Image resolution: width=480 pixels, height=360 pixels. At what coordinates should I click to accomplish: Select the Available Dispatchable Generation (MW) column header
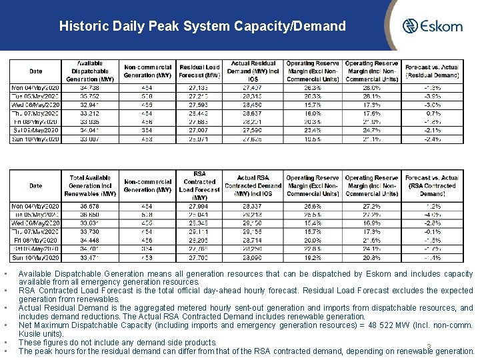[90, 71]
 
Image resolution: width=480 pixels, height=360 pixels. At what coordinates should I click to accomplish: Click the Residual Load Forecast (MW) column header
[199, 71]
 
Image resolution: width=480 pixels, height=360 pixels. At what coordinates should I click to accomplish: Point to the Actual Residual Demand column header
[253, 71]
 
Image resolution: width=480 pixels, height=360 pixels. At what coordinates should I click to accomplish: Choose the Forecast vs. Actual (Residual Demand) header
[431, 71]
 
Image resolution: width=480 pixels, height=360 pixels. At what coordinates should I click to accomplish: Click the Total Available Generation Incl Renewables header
[90, 185]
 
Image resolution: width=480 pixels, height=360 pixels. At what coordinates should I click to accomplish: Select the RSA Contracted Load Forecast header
[199, 185]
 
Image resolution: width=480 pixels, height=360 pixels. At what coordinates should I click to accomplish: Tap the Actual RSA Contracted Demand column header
[253, 185]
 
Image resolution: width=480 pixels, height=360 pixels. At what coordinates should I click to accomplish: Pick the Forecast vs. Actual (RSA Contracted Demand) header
[431, 185]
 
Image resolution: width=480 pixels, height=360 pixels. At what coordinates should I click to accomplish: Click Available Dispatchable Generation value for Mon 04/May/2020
[90, 87]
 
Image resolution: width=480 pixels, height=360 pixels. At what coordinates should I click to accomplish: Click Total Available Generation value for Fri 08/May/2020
[90, 240]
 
